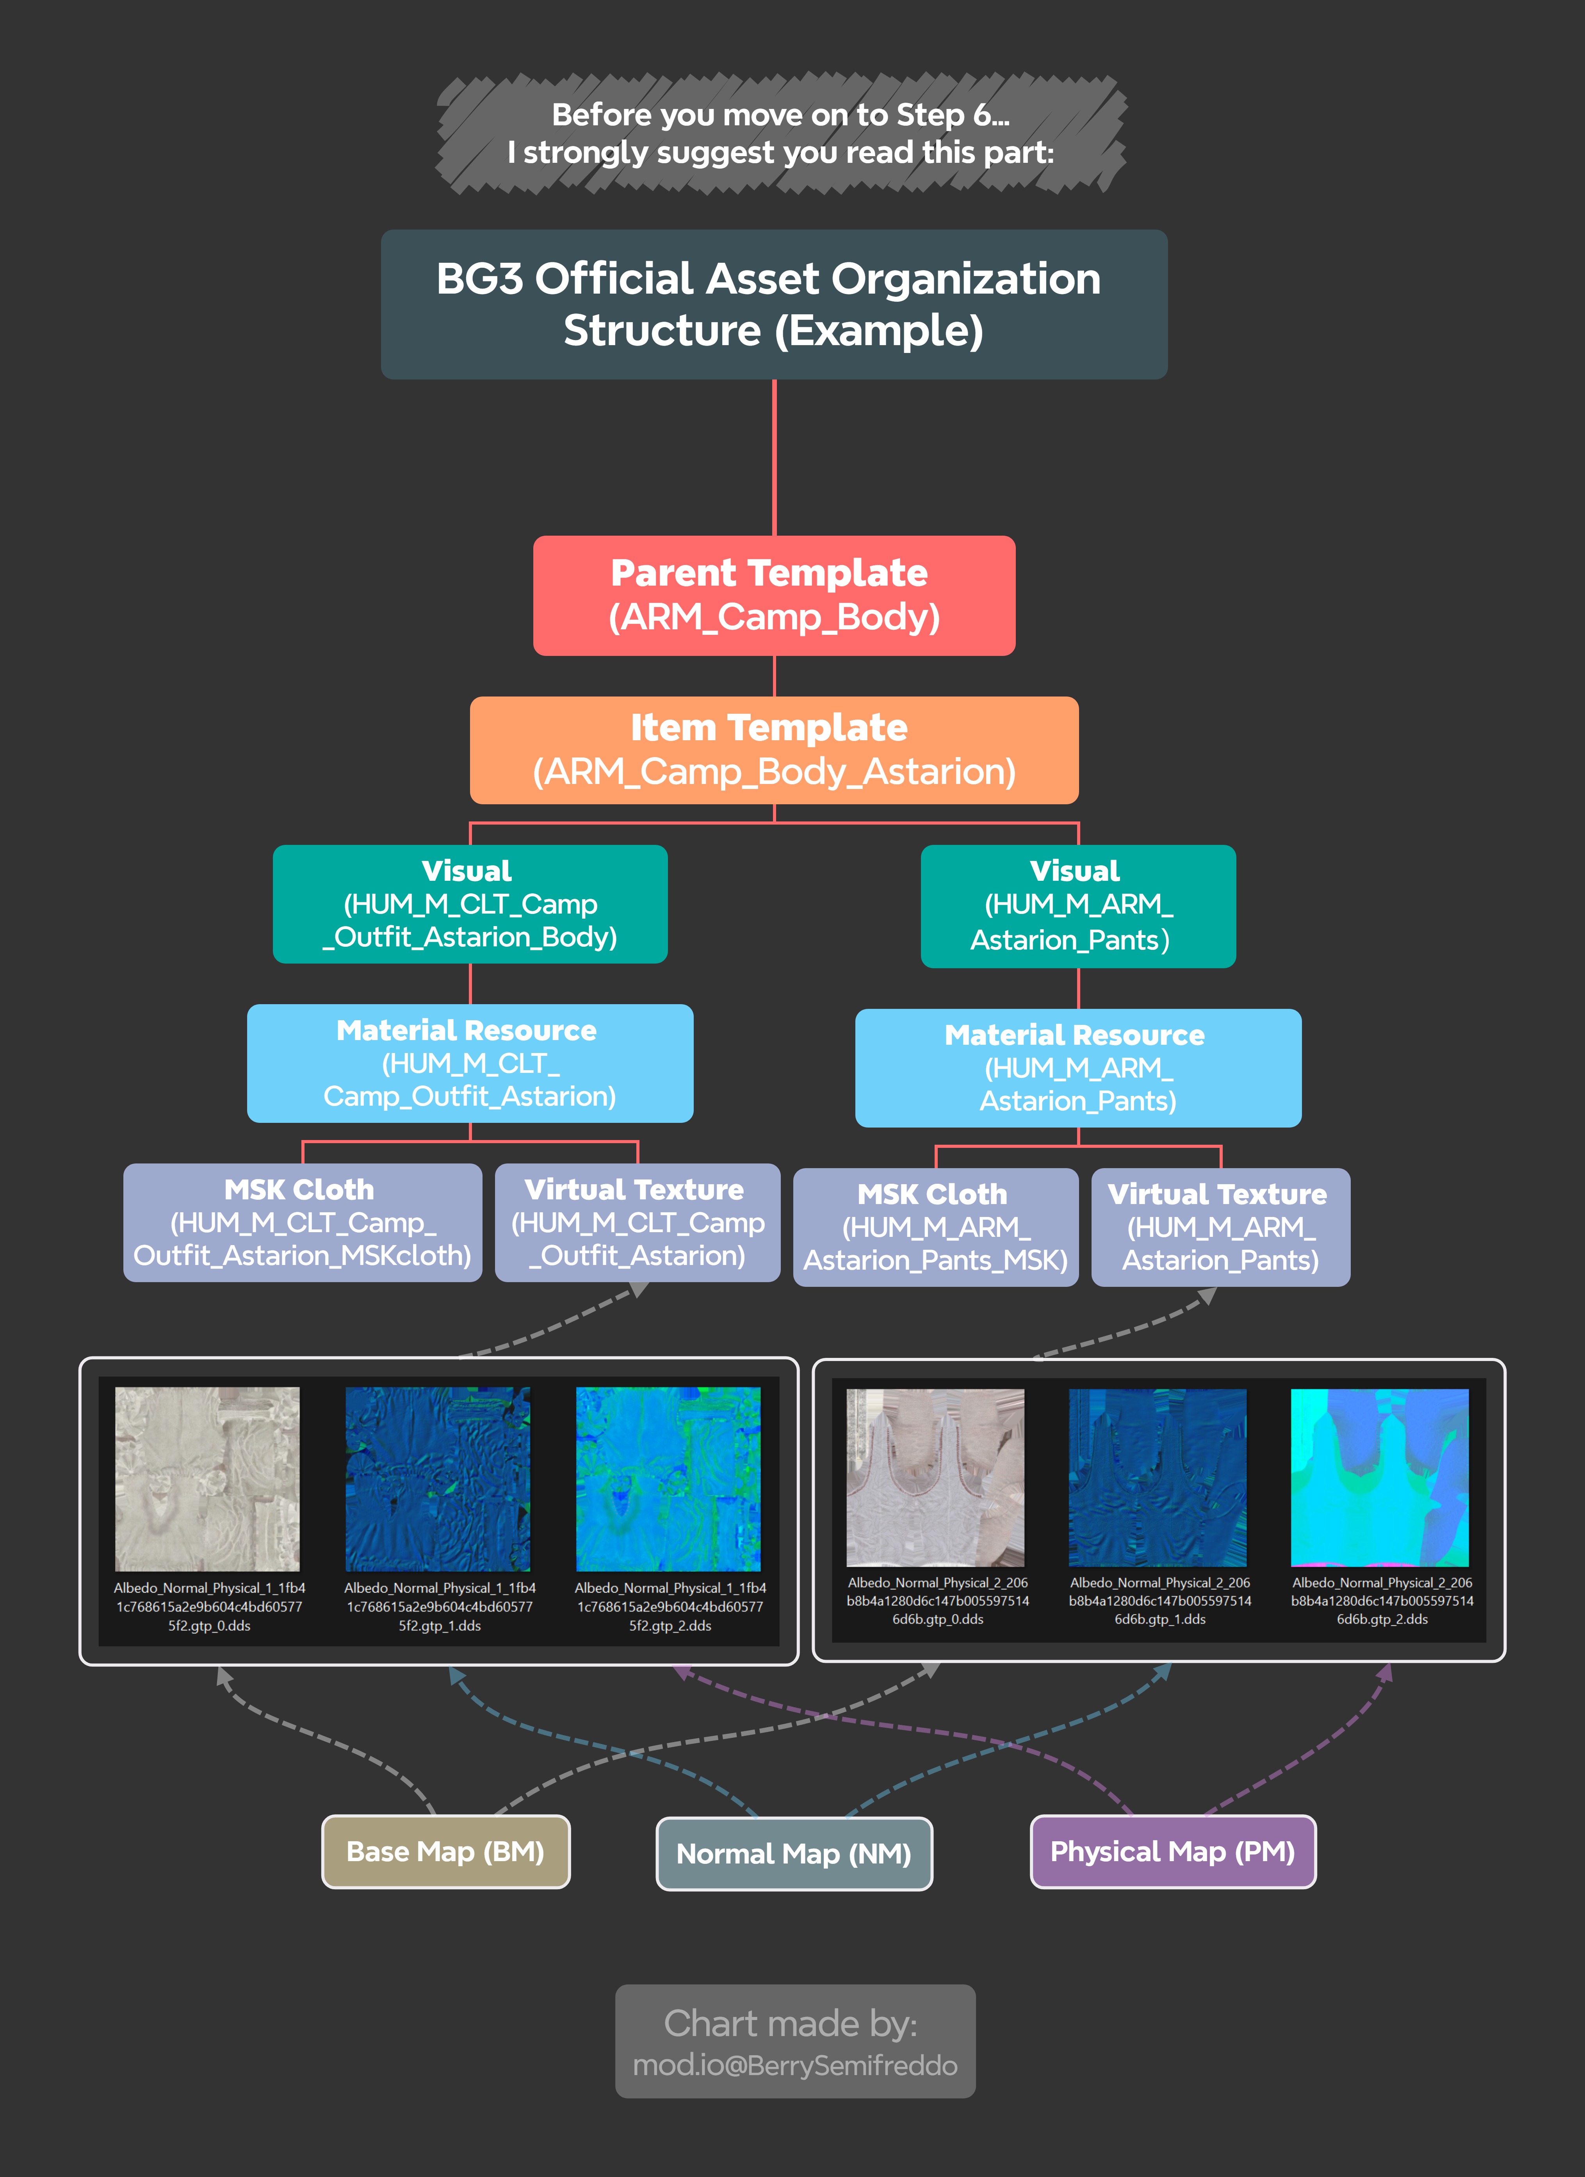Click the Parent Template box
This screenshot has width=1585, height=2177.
point(774,595)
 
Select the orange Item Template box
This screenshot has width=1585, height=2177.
point(774,750)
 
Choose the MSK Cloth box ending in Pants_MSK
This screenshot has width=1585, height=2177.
point(936,1227)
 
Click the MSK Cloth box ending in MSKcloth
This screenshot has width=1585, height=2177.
point(303,1222)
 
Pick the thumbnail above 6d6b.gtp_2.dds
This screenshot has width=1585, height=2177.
point(1380,1477)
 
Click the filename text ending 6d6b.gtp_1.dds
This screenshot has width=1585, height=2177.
point(1160,1600)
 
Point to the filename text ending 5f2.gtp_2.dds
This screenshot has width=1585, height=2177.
point(670,1606)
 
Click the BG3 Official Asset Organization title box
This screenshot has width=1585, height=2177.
point(774,304)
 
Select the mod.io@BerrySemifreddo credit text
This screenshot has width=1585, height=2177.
point(795,2065)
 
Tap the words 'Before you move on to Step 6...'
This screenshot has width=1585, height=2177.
point(780,115)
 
